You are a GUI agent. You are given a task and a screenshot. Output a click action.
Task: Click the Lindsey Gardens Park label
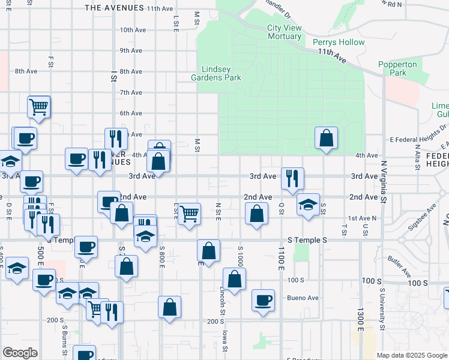click(216, 73)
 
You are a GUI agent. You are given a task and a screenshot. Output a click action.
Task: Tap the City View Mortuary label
click(284, 32)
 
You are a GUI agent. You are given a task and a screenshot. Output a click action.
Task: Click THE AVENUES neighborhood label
click(114, 8)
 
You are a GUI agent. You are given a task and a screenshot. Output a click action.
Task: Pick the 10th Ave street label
click(133, 29)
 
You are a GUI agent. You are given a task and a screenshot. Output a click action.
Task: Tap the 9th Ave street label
click(131, 50)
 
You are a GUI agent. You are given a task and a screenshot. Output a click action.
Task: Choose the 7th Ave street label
click(131, 92)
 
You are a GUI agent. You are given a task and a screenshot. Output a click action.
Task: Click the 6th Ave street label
click(131, 113)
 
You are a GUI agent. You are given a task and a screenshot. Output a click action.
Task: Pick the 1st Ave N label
click(362, 218)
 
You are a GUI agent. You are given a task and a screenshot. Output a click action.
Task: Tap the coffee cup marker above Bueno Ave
click(263, 300)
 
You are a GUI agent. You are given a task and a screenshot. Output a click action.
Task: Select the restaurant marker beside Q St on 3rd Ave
click(292, 178)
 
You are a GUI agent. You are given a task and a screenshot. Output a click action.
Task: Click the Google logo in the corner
click(19, 353)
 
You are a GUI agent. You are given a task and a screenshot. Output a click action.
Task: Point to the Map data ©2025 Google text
click(411, 355)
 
